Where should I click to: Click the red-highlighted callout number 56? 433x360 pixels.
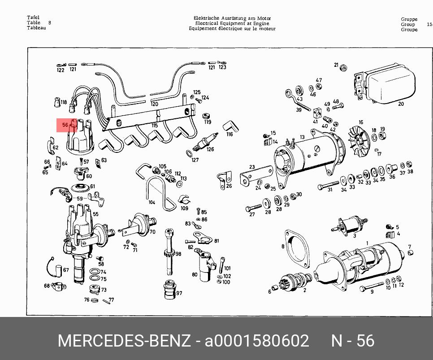[65, 126]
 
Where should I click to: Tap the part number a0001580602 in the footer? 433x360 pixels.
[257, 341]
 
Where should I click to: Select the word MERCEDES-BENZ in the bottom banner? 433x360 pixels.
[124, 341]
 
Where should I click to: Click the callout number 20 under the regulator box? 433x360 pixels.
[401, 104]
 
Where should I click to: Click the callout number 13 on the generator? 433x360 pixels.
[302, 137]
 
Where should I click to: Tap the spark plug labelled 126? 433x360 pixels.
[206, 140]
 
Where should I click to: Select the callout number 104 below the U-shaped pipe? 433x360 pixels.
[152, 203]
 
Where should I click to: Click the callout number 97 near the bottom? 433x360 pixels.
[179, 293]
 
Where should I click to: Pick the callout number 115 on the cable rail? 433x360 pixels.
[155, 126]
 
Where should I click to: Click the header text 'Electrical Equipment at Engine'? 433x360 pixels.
[232, 23]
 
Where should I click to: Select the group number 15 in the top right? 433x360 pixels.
[429, 25]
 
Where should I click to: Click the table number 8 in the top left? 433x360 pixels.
[49, 22]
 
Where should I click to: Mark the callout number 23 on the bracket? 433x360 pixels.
[252, 167]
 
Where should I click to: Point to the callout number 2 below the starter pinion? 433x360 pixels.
[305, 290]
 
